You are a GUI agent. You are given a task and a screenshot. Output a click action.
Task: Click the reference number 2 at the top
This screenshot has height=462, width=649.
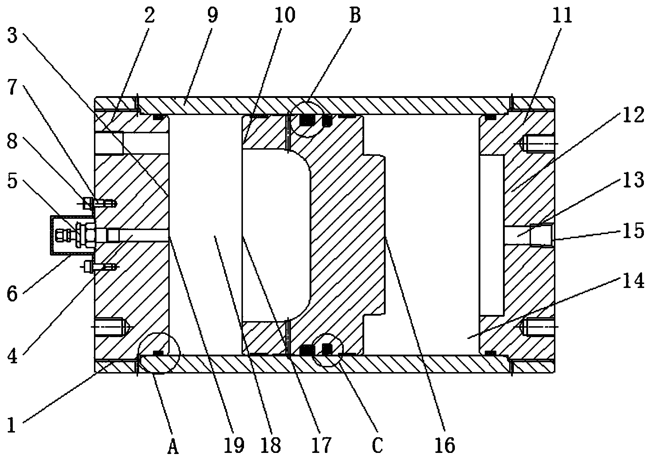point(150,15)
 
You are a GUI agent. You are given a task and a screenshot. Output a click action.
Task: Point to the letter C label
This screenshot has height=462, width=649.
point(378,445)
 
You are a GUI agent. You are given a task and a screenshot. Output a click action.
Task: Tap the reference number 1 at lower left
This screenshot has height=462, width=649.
point(12,425)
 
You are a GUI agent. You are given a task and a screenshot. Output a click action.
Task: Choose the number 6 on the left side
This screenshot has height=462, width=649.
point(12,293)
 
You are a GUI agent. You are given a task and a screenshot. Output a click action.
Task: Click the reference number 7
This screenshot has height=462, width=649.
point(12,90)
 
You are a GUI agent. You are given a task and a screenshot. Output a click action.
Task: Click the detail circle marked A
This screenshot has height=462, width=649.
point(160,353)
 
